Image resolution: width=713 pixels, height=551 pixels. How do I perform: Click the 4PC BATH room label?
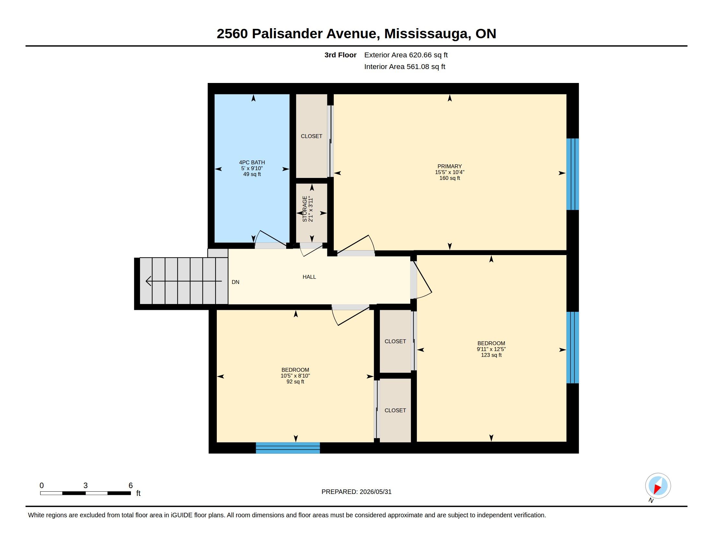click(x=252, y=162)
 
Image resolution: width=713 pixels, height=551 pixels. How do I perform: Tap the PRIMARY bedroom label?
click(x=450, y=166)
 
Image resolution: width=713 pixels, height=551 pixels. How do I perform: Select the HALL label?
click(x=309, y=277)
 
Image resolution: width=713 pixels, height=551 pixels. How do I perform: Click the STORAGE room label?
click(x=305, y=209)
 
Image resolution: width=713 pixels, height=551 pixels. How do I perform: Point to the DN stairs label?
click(x=235, y=282)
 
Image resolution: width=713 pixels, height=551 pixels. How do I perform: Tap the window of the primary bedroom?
click(x=572, y=174)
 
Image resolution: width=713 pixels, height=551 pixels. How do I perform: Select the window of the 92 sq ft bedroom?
click(x=287, y=448)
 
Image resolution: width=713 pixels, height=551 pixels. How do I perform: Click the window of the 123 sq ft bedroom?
click(x=572, y=347)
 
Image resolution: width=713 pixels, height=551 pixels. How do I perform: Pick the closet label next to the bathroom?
click(x=311, y=136)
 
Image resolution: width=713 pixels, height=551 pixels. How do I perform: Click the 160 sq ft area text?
click(x=450, y=178)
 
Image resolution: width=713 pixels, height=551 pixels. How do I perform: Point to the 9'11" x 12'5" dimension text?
click(x=491, y=349)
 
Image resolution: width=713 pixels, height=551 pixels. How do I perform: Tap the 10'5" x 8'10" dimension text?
click(x=295, y=376)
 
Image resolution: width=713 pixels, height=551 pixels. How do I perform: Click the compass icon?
click(x=658, y=486)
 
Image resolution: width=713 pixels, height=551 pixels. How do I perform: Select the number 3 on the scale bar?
click(x=86, y=486)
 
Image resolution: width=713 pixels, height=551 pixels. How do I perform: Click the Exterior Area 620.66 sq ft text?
click(x=406, y=55)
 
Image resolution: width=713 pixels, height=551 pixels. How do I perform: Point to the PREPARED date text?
click(x=356, y=492)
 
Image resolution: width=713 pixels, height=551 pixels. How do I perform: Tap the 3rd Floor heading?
click(x=340, y=55)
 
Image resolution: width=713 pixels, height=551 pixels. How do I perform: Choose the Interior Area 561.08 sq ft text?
click(x=404, y=66)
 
